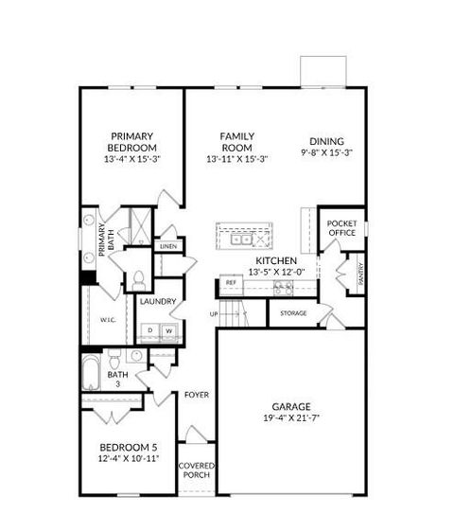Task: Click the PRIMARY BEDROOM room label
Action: [131, 141]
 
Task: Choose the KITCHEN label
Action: [277, 260]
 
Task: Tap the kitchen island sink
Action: [244, 239]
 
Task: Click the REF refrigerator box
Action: [230, 282]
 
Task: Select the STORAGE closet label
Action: [292, 313]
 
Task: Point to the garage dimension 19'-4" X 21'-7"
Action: [289, 417]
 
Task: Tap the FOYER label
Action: [196, 394]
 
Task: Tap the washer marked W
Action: [171, 330]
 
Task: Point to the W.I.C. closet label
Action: [107, 320]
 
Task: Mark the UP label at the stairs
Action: [214, 313]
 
